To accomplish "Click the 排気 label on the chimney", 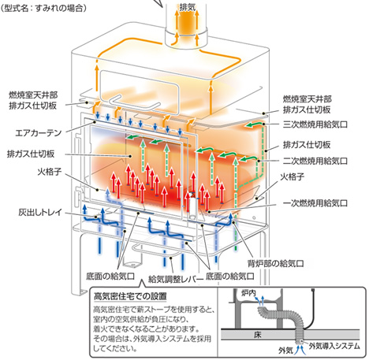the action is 188,7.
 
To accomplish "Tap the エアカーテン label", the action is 39,133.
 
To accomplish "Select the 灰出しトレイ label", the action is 40,212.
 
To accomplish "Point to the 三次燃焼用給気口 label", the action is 315,124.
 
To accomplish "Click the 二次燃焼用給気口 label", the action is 315,161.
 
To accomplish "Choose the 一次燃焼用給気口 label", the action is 315,203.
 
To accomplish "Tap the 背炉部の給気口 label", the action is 275,263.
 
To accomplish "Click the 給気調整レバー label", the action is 176,279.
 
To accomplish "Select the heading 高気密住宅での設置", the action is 130,296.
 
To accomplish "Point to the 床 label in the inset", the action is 258,335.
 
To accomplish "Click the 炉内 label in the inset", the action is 248,293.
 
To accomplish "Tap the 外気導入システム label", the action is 334,346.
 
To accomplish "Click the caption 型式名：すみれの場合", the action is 43,8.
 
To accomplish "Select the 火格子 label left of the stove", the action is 50,172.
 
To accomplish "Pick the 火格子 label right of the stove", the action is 292,176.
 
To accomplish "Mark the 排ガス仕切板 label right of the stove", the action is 307,145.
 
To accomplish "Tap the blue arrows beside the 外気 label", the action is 300,350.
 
